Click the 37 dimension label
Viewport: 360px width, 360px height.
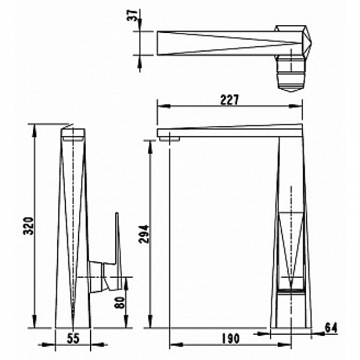click(x=133, y=16)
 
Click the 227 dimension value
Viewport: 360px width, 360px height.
click(x=229, y=100)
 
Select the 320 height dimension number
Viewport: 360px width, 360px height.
click(x=29, y=226)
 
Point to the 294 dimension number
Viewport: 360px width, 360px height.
click(x=144, y=234)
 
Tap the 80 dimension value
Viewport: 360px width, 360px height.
click(x=119, y=302)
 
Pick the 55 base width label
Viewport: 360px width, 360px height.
click(x=73, y=338)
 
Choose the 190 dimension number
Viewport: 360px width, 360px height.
click(x=230, y=338)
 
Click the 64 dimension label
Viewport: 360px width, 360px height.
click(x=331, y=328)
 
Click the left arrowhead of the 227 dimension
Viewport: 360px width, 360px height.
click(x=163, y=106)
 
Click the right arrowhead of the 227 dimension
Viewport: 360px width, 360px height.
click(x=296, y=106)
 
